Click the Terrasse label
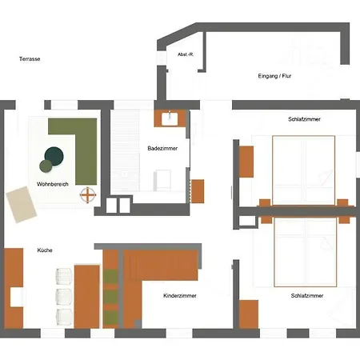click(30, 59)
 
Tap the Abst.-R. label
click(186, 54)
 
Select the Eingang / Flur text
click(274, 76)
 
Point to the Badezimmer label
click(162, 148)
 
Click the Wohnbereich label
click(53, 184)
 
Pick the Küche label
click(45, 250)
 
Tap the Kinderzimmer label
click(180, 295)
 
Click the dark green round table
click(54, 156)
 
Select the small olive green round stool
click(46, 166)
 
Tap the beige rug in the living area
click(21, 204)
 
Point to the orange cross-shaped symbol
click(88, 195)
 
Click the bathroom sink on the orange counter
click(170, 118)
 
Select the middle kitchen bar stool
click(64, 297)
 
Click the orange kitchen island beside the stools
click(87, 296)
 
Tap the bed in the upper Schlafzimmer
click(303, 170)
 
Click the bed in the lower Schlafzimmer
click(306, 252)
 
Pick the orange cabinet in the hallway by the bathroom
click(198, 191)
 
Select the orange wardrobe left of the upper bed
click(246, 162)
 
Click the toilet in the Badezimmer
click(162, 180)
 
